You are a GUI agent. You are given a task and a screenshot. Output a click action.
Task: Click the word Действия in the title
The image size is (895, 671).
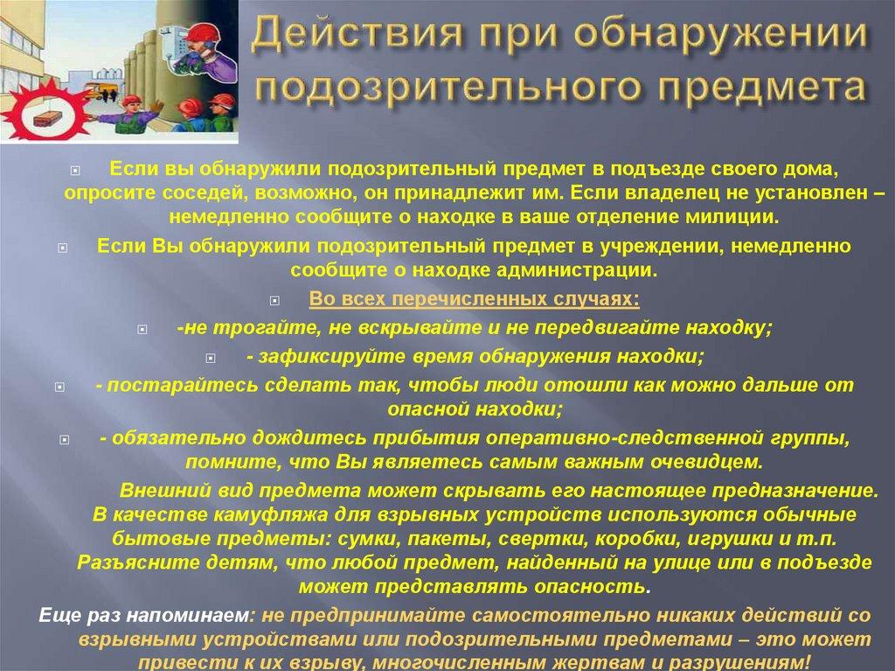(x=333, y=38)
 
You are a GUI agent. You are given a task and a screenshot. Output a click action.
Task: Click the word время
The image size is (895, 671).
(x=432, y=356)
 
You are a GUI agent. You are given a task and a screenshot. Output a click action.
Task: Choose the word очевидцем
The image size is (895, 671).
(x=704, y=461)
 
